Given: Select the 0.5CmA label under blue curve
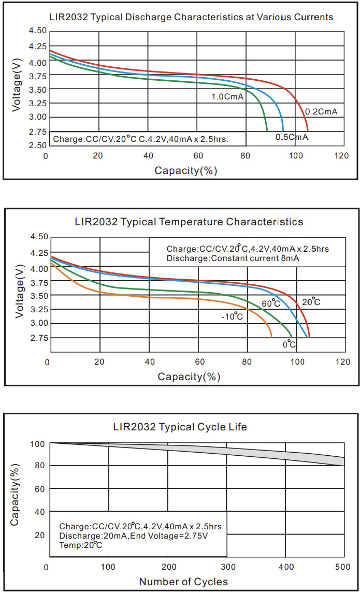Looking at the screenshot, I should pyautogui.click(x=292, y=137).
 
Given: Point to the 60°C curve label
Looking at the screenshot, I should pyautogui.click(x=271, y=303).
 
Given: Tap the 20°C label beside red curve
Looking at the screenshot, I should pyautogui.click(x=311, y=302).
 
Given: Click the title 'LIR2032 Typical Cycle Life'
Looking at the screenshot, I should pyautogui.click(x=180, y=427).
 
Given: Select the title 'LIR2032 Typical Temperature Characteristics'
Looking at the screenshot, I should pyautogui.click(x=189, y=222).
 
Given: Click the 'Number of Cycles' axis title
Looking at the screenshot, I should pyautogui.click(x=183, y=582).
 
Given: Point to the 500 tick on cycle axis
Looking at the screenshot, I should pyautogui.click(x=343, y=567).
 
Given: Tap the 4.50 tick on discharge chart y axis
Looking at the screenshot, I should pyautogui.click(x=36, y=31).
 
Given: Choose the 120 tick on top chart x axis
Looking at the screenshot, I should pyautogui.click(x=341, y=156).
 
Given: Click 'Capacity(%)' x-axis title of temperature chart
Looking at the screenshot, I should pyautogui.click(x=189, y=377).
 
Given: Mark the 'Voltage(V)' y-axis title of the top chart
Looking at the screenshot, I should pyautogui.click(x=18, y=88).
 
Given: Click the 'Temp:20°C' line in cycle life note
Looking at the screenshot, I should pyautogui.click(x=80, y=545).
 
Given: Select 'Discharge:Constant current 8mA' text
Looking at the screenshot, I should pyautogui.click(x=233, y=258).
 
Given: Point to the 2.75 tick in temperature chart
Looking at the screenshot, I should pyautogui.click(x=37, y=338).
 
